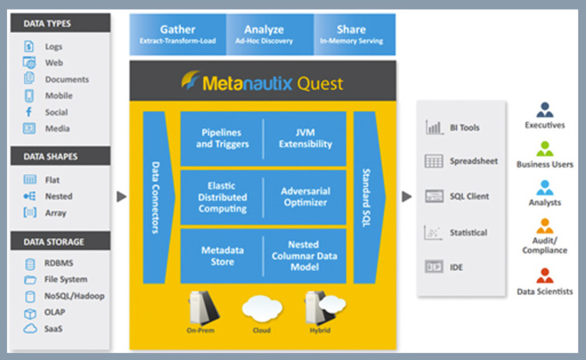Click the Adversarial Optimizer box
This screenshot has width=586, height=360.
[x=306, y=196]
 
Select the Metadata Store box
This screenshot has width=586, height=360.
[x=221, y=255]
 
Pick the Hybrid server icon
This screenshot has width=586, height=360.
[x=317, y=306]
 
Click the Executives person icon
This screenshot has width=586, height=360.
[x=545, y=110]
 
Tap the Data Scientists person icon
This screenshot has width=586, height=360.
[x=545, y=277]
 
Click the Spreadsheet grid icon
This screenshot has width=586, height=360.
[x=434, y=161]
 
